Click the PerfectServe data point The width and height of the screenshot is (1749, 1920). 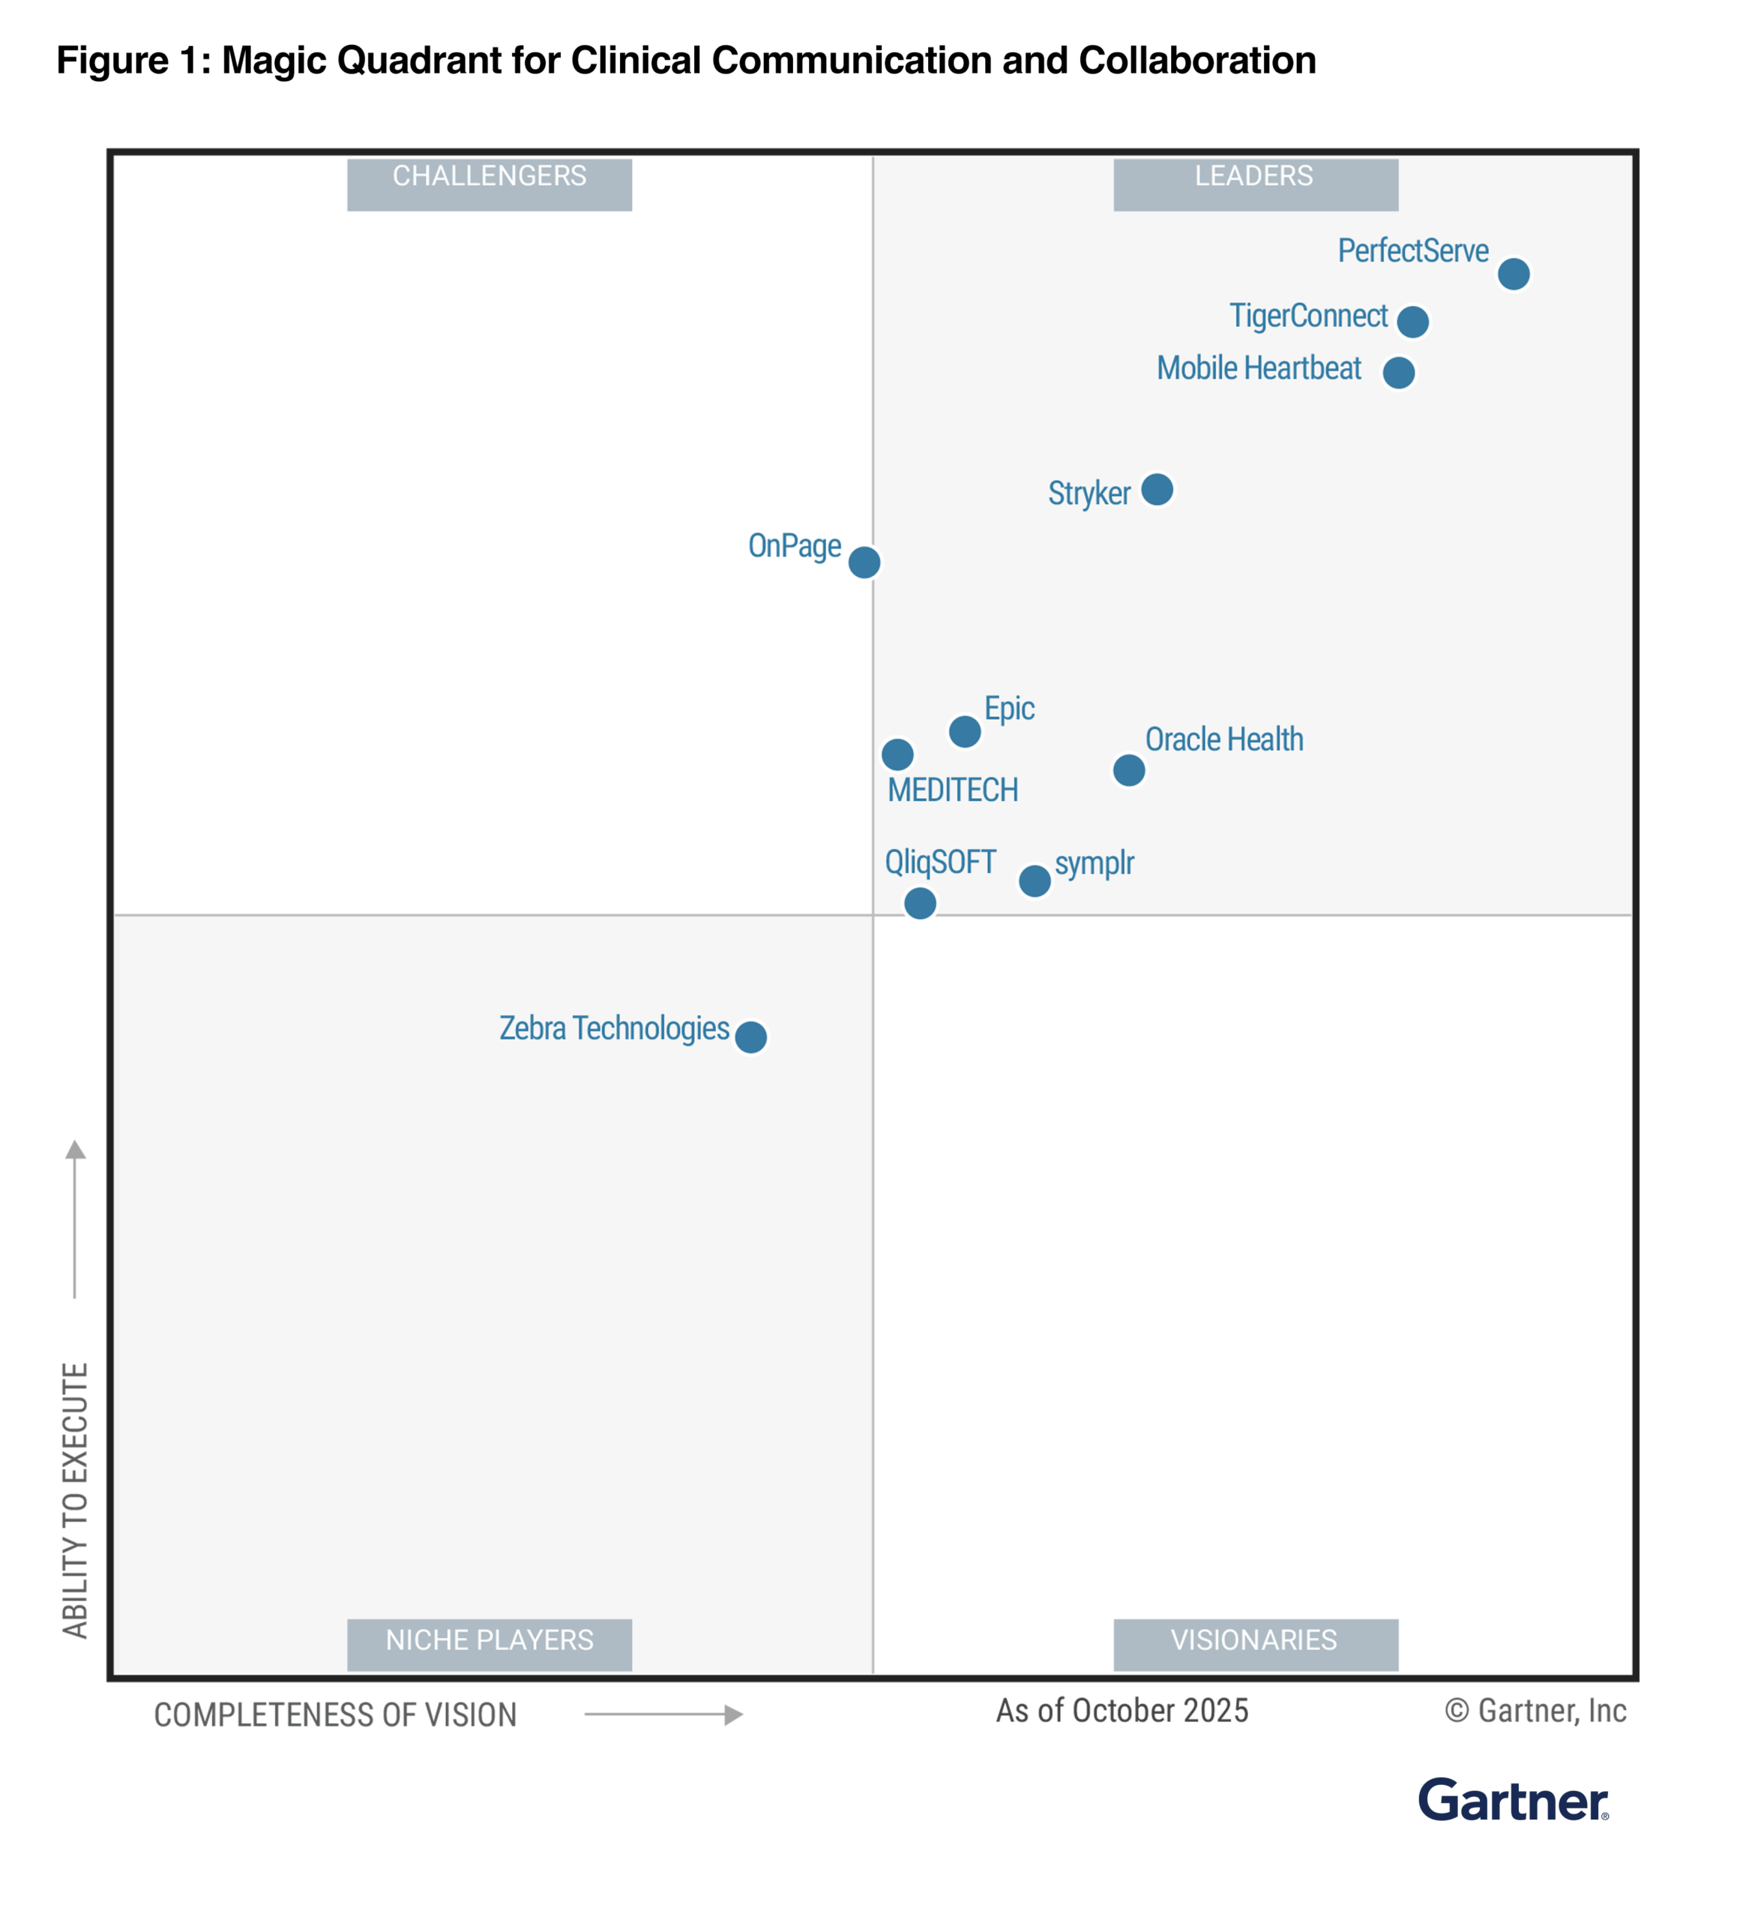click(1513, 274)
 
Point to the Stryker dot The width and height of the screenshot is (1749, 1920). click(1157, 490)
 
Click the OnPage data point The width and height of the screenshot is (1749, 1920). click(864, 562)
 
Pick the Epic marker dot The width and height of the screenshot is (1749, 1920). click(965, 731)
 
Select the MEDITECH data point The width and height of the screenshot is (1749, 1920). click(897, 754)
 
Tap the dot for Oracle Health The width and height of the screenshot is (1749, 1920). click(1128, 769)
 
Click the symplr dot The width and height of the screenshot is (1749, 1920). click(1034, 881)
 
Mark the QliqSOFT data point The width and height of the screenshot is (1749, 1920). click(919, 903)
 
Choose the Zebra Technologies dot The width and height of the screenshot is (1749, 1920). click(750, 1036)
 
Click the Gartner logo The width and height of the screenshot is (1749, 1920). click(1512, 1801)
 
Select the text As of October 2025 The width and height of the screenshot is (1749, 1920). click(1122, 1711)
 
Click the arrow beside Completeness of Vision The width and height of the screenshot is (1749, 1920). click(663, 1714)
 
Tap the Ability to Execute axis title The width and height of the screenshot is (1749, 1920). click(75, 1500)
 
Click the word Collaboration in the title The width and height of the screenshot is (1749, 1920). click(1196, 61)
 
